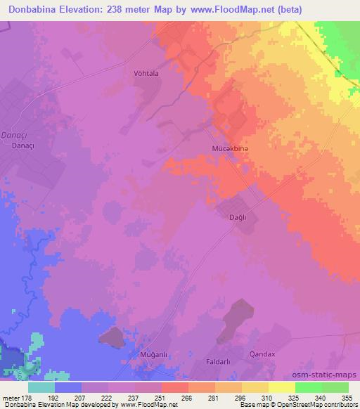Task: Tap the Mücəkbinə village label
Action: (230, 149)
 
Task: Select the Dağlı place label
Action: (239, 219)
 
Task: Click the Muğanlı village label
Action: (136, 356)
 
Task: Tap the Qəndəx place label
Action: (264, 355)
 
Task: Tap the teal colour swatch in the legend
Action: (41, 387)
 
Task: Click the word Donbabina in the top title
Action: (35, 9)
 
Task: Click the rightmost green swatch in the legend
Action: (335, 387)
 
